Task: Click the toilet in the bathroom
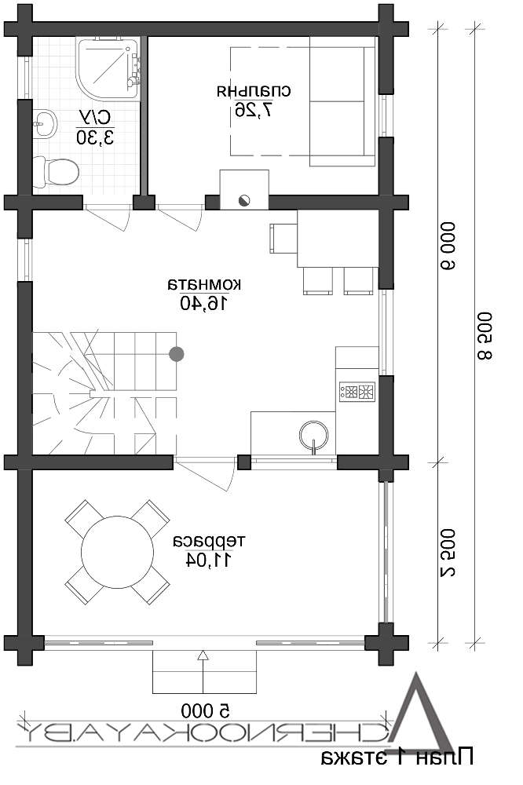pyautogui.click(x=56, y=172)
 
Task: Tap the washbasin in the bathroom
pyautogui.click(x=45, y=122)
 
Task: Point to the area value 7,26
pyautogui.click(x=254, y=110)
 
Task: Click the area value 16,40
pyautogui.click(x=204, y=303)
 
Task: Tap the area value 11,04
pyautogui.click(x=208, y=559)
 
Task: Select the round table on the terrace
pyautogui.click(x=117, y=552)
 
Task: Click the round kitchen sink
pyautogui.click(x=313, y=435)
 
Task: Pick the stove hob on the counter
pyautogui.click(x=357, y=390)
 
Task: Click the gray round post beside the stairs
pyautogui.click(x=177, y=354)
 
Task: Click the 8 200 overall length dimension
pyautogui.click(x=485, y=336)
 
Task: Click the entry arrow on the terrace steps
pyautogui.click(x=203, y=672)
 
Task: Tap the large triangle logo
pyautogui.click(x=422, y=713)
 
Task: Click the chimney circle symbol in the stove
pyautogui.click(x=244, y=199)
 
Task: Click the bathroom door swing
pyautogui.click(x=107, y=217)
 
